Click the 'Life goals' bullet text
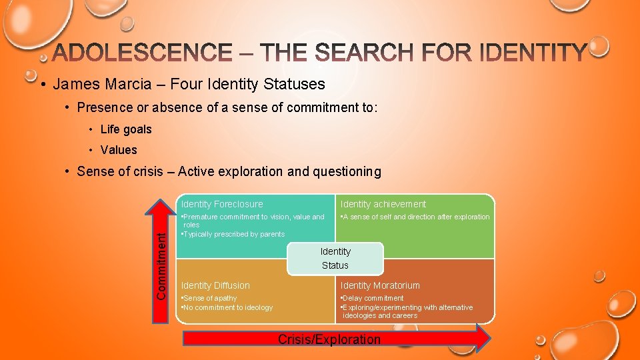pyautogui.click(x=126, y=129)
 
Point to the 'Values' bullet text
pyautogui.click(x=119, y=150)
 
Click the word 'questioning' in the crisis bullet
pyautogui.click(x=347, y=171)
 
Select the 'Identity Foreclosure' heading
pyautogui.click(x=222, y=204)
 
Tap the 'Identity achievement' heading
pyautogui.click(x=383, y=204)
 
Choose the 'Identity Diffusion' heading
pyautogui.click(x=215, y=285)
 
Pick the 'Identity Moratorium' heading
pyautogui.click(x=380, y=285)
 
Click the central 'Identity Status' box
pyautogui.click(x=335, y=258)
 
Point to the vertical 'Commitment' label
pyautogui.click(x=161, y=259)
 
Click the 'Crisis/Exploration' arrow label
pyautogui.click(x=329, y=339)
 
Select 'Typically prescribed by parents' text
pyautogui.click(x=234, y=234)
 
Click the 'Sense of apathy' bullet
pyautogui.click(x=209, y=298)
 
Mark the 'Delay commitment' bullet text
pyautogui.click(x=373, y=298)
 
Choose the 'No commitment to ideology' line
pyautogui.click(x=228, y=307)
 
